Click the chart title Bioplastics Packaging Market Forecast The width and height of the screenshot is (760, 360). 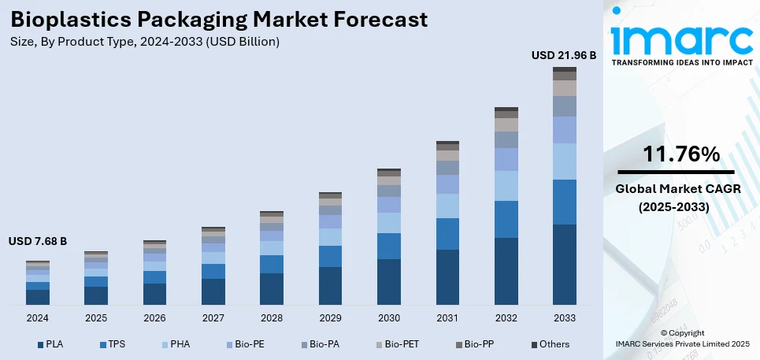(218, 20)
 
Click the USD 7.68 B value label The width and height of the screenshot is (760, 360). (38, 240)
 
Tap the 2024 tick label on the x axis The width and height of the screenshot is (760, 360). (38, 317)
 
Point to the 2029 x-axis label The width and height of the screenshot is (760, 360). (330, 317)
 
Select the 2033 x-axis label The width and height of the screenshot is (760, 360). (564, 317)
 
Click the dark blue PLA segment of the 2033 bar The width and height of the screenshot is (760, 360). (564, 265)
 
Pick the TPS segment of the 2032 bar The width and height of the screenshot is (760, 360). (506, 219)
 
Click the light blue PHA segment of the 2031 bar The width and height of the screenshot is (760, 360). (447, 206)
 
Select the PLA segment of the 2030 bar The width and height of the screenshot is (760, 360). (389, 281)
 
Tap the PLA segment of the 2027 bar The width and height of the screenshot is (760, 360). (213, 291)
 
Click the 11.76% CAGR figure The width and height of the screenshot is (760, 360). (680, 154)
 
